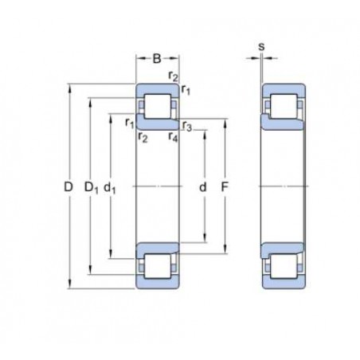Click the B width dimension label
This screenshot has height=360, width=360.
coord(157,58)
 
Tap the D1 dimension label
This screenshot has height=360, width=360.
coord(92,187)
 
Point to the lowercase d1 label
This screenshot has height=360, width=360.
coord(112,187)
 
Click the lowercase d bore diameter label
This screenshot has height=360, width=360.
coord(203,186)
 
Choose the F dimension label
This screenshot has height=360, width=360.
coord(225,186)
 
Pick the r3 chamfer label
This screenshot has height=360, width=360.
coord(186,126)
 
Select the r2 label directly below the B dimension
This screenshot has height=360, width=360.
coord(173,76)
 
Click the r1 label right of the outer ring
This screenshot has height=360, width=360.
coord(186,88)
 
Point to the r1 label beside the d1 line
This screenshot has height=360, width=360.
coord(128,122)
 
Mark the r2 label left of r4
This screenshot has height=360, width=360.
coord(142,137)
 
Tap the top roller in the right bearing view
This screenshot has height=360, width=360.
coord(284,106)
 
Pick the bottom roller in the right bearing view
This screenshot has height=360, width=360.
coord(284,265)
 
